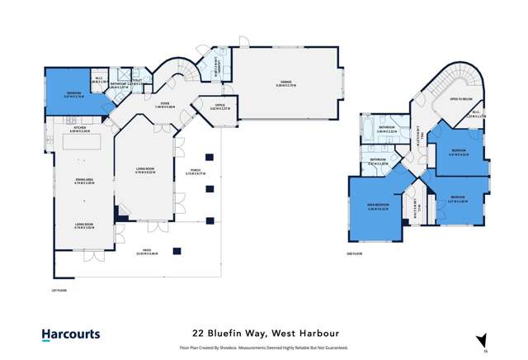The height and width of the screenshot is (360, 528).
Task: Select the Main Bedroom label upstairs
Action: [x=379, y=209]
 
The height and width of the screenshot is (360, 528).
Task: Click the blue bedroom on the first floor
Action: [x=75, y=91]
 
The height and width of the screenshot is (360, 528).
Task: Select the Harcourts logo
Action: [x=71, y=334]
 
